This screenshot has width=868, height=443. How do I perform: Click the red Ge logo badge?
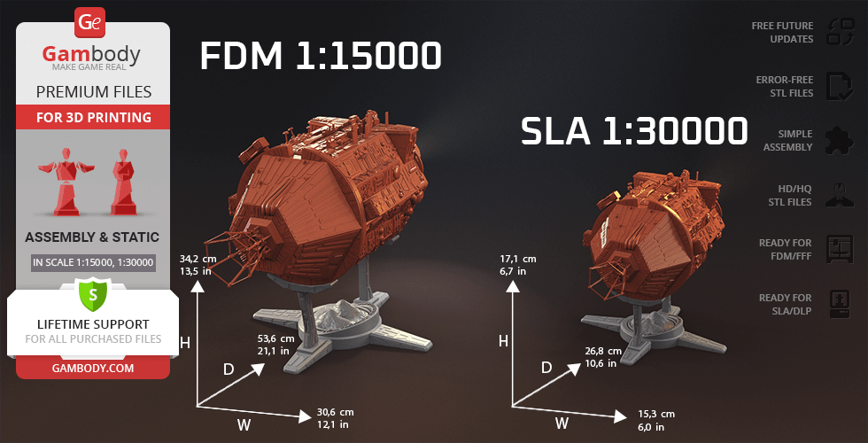(89, 23)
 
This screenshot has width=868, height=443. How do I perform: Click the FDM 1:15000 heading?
(321, 55)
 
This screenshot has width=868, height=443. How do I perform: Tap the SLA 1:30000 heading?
(634, 131)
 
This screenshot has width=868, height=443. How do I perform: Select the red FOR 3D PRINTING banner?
(93, 117)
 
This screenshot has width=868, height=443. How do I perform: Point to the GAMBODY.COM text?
(93, 368)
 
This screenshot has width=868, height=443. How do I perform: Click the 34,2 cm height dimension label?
(198, 259)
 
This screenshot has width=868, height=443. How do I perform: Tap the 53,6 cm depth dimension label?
(276, 338)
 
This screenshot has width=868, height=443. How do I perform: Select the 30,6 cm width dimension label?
(335, 412)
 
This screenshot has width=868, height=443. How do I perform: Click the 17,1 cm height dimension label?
(517, 259)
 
